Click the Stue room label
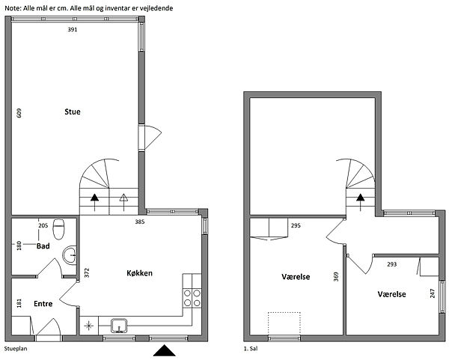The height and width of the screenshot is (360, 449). (x=73, y=112)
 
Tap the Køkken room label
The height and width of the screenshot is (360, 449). (x=139, y=273)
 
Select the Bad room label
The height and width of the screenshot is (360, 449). (x=43, y=246)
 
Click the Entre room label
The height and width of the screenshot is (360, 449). (x=43, y=304)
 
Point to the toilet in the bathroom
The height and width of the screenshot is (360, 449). (x=58, y=228)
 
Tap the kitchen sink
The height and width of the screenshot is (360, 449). (x=119, y=326)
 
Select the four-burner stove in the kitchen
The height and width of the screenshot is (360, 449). (x=192, y=298)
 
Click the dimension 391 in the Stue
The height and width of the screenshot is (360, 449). (x=73, y=29)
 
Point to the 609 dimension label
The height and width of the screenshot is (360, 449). (x=19, y=113)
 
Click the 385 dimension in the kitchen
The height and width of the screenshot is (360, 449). (x=140, y=222)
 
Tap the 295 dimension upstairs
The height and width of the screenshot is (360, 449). (x=296, y=226)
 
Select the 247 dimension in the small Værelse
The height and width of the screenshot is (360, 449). (x=433, y=293)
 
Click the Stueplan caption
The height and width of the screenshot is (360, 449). (x=16, y=349)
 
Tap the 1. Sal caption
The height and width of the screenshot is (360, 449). (x=251, y=349)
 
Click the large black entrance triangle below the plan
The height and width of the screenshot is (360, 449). (x=165, y=350)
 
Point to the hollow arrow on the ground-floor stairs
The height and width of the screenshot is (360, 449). (x=123, y=202)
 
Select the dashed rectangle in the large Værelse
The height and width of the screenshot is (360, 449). (x=284, y=323)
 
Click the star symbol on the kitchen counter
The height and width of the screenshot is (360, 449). (x=89, y=326)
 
